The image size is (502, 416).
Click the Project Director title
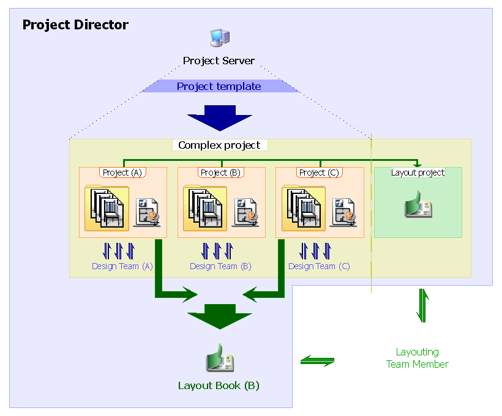75,25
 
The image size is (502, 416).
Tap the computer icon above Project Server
219,38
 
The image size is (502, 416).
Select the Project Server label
219,61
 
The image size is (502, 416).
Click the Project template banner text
219,86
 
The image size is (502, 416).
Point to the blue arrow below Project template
219,118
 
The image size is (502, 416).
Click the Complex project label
219,145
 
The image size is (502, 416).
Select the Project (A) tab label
122,173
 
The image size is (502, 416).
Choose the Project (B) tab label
222,173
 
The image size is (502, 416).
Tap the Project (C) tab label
320,173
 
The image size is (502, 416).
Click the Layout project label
418,173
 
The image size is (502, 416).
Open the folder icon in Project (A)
107,208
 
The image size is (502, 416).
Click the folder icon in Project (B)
205,208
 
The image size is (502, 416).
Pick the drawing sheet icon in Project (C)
344,212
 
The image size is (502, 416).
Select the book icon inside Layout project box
418,204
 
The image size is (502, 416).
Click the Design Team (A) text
122,266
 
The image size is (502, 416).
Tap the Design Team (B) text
220,266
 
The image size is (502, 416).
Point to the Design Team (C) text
319,266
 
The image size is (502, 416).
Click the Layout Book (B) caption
219,385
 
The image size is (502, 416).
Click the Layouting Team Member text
417,358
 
